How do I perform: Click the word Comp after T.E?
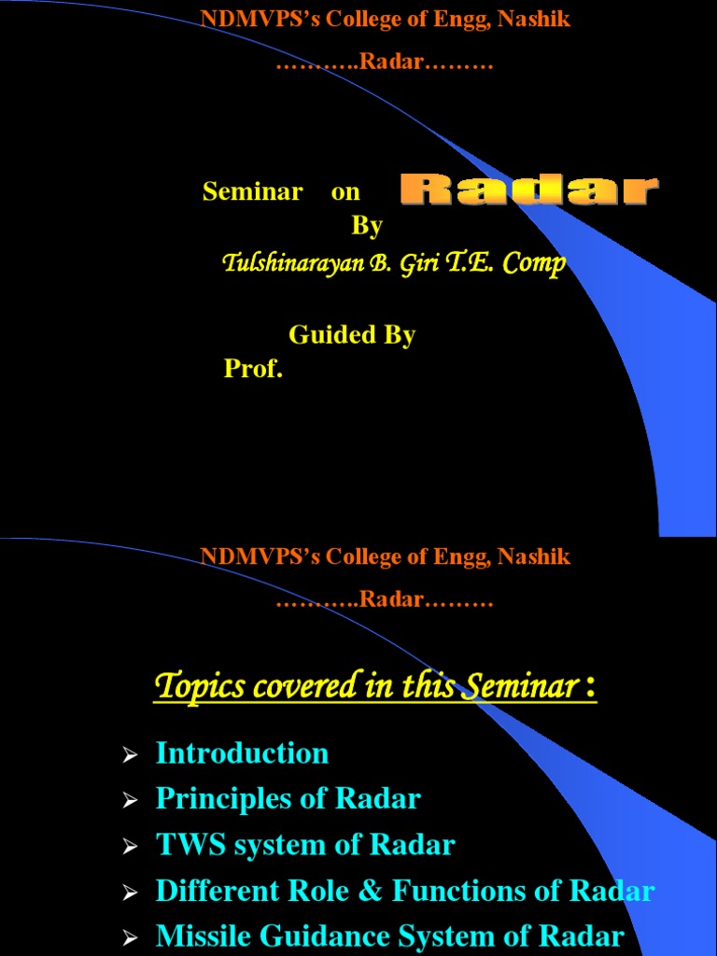click(x=534, y=264)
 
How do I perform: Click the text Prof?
click(x=252, y=369)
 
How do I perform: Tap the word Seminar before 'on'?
click(x=252, y=191)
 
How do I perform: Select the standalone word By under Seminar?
click(x=367, y=226)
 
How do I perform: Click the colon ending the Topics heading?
click(x=590, y=689)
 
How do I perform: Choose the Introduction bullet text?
click(x=242, y=752)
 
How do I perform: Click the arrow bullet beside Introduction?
click(x=131, y=754)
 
